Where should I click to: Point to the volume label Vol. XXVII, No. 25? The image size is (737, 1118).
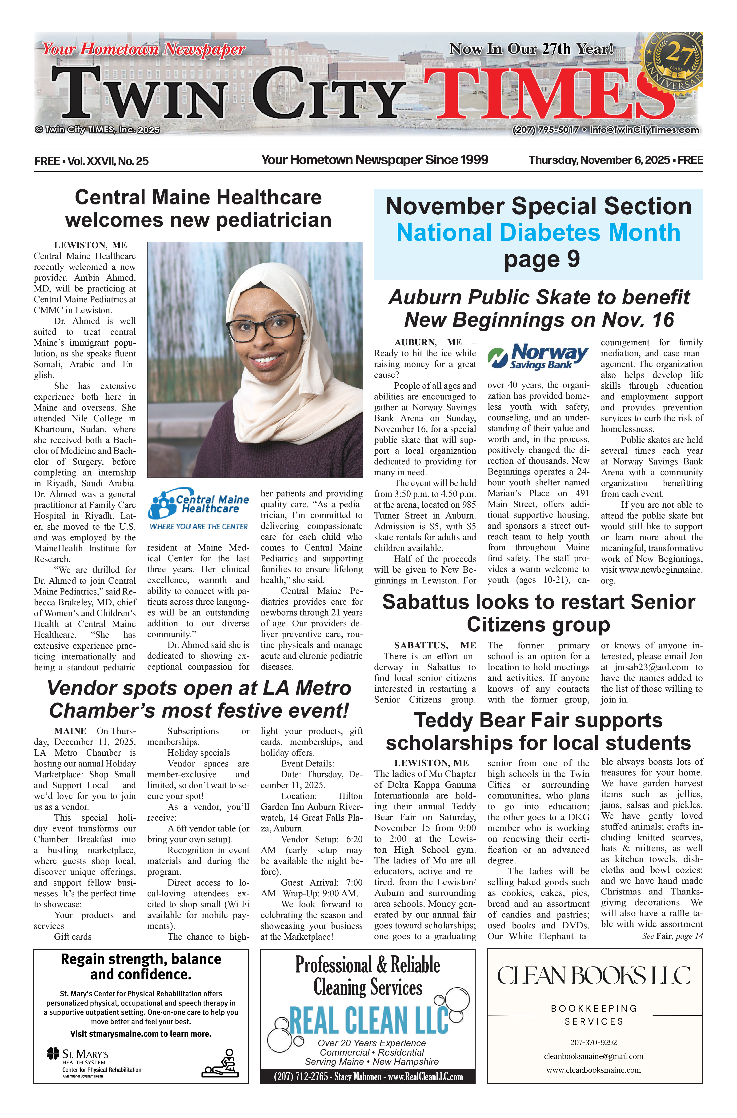[x=108, y=161]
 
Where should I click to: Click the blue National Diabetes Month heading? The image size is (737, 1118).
[x=538, y=233]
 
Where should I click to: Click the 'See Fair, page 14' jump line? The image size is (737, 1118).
[x=672, y=936]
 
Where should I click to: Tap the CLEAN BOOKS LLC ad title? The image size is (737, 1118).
[x=594, y=976]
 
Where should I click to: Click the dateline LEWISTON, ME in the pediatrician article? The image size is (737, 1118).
[x=90, y=245]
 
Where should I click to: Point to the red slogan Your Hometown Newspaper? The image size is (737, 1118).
[x=143, y=49]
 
